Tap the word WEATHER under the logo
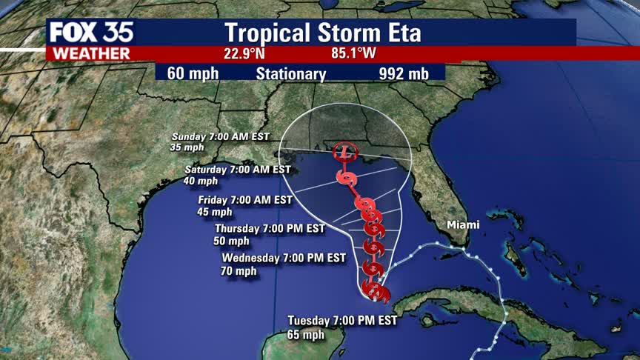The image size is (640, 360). point(89,53)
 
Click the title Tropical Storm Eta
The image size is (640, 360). point(322,33)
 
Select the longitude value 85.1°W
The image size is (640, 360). point(355,53)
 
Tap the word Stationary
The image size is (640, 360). point(291,73)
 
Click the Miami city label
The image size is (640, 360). point(462,224)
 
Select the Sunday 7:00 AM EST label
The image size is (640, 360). point(220,136)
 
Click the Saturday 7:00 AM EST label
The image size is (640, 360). point(239,170)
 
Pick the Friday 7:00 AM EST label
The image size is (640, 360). point(245,200)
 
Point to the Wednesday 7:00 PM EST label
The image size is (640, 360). point(284,258)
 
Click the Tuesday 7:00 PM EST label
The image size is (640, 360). point(343,320)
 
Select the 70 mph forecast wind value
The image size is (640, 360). point(239,271)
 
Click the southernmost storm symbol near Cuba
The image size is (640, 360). point(374,290)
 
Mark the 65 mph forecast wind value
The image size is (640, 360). point(305,335)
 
